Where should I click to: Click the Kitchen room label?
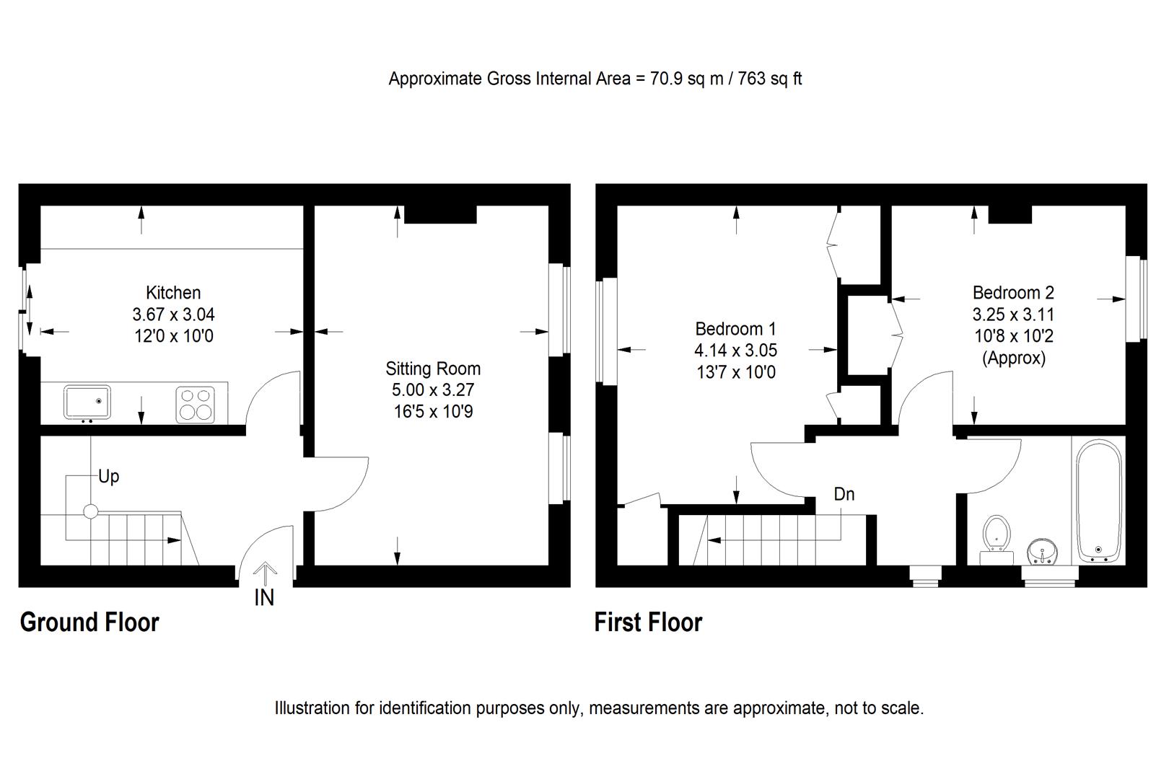point(173,293)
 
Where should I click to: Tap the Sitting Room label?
point(433,369)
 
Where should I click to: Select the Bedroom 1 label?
point(735,329)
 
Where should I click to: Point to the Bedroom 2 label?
point(1013,293)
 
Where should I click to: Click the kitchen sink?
point(87,402)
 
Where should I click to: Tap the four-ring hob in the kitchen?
point(195,404)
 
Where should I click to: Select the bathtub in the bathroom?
point(1099,500)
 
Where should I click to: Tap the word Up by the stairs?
point(109,477)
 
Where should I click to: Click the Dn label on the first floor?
point(844,494)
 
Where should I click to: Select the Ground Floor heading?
point(89,622)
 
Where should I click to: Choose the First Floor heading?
point(648,622)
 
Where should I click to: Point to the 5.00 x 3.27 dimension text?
point(433,390)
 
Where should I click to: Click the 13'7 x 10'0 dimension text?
point(735,372)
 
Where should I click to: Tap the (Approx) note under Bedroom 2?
point(1013,358)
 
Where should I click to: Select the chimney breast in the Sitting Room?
point(440,214)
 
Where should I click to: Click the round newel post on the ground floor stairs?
point(90,511)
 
